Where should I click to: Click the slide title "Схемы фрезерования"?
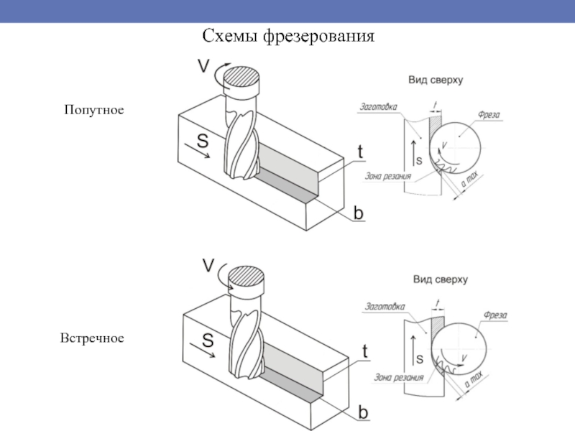[x=288, y=35]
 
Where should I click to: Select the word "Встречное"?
[x=92, y=337]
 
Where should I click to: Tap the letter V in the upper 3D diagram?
[x=203, y=66]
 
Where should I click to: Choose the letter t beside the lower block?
[x=364, y=351]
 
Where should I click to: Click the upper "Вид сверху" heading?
[x=436, y=80]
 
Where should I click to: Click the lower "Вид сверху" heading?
[x=440, y=279]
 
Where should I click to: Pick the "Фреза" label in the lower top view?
[x=495, y=315]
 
